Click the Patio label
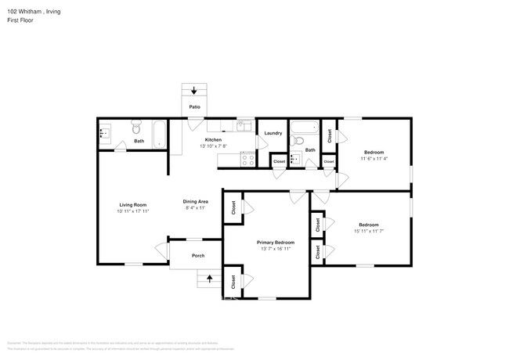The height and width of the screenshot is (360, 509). (193, 107)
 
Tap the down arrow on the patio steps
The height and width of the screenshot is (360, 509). (193, 91)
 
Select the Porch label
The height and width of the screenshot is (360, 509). (198, 255)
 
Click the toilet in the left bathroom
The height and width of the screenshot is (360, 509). (135, 127)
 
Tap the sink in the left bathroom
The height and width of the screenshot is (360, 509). (106, 134)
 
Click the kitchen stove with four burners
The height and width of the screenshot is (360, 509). (247, 159)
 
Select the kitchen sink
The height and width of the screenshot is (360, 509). (244, 125)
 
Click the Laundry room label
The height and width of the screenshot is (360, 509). (273, 134)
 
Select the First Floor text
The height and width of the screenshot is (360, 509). (20, 20)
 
